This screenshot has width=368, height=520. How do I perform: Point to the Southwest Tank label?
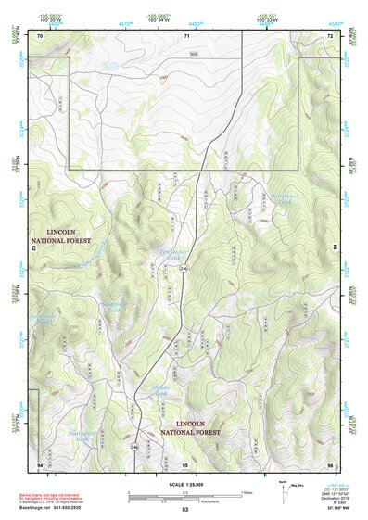tap(82, 437)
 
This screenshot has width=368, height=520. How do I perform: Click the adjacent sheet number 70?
tap(39, 36)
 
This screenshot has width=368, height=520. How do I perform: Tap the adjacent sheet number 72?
tap(329, 36)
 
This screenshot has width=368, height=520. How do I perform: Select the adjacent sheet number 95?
tap(185, 463)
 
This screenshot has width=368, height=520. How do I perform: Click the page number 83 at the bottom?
tap(184, 510)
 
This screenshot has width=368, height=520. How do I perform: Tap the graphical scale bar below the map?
tap(184, 496)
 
